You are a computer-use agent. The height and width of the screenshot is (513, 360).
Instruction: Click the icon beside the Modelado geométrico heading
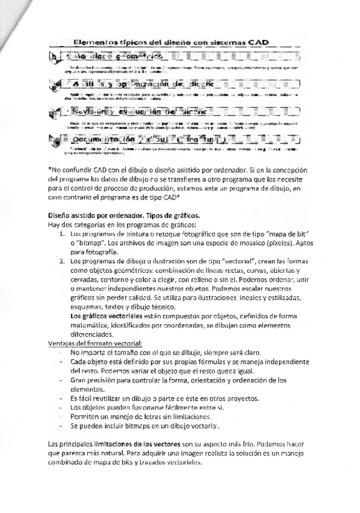(55, 56)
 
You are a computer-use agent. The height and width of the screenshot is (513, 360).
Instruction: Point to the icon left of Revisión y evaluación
(55, 112)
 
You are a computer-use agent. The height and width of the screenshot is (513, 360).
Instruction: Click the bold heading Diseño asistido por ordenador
(112, 216)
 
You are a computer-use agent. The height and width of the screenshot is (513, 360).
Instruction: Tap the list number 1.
(62, 233)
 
